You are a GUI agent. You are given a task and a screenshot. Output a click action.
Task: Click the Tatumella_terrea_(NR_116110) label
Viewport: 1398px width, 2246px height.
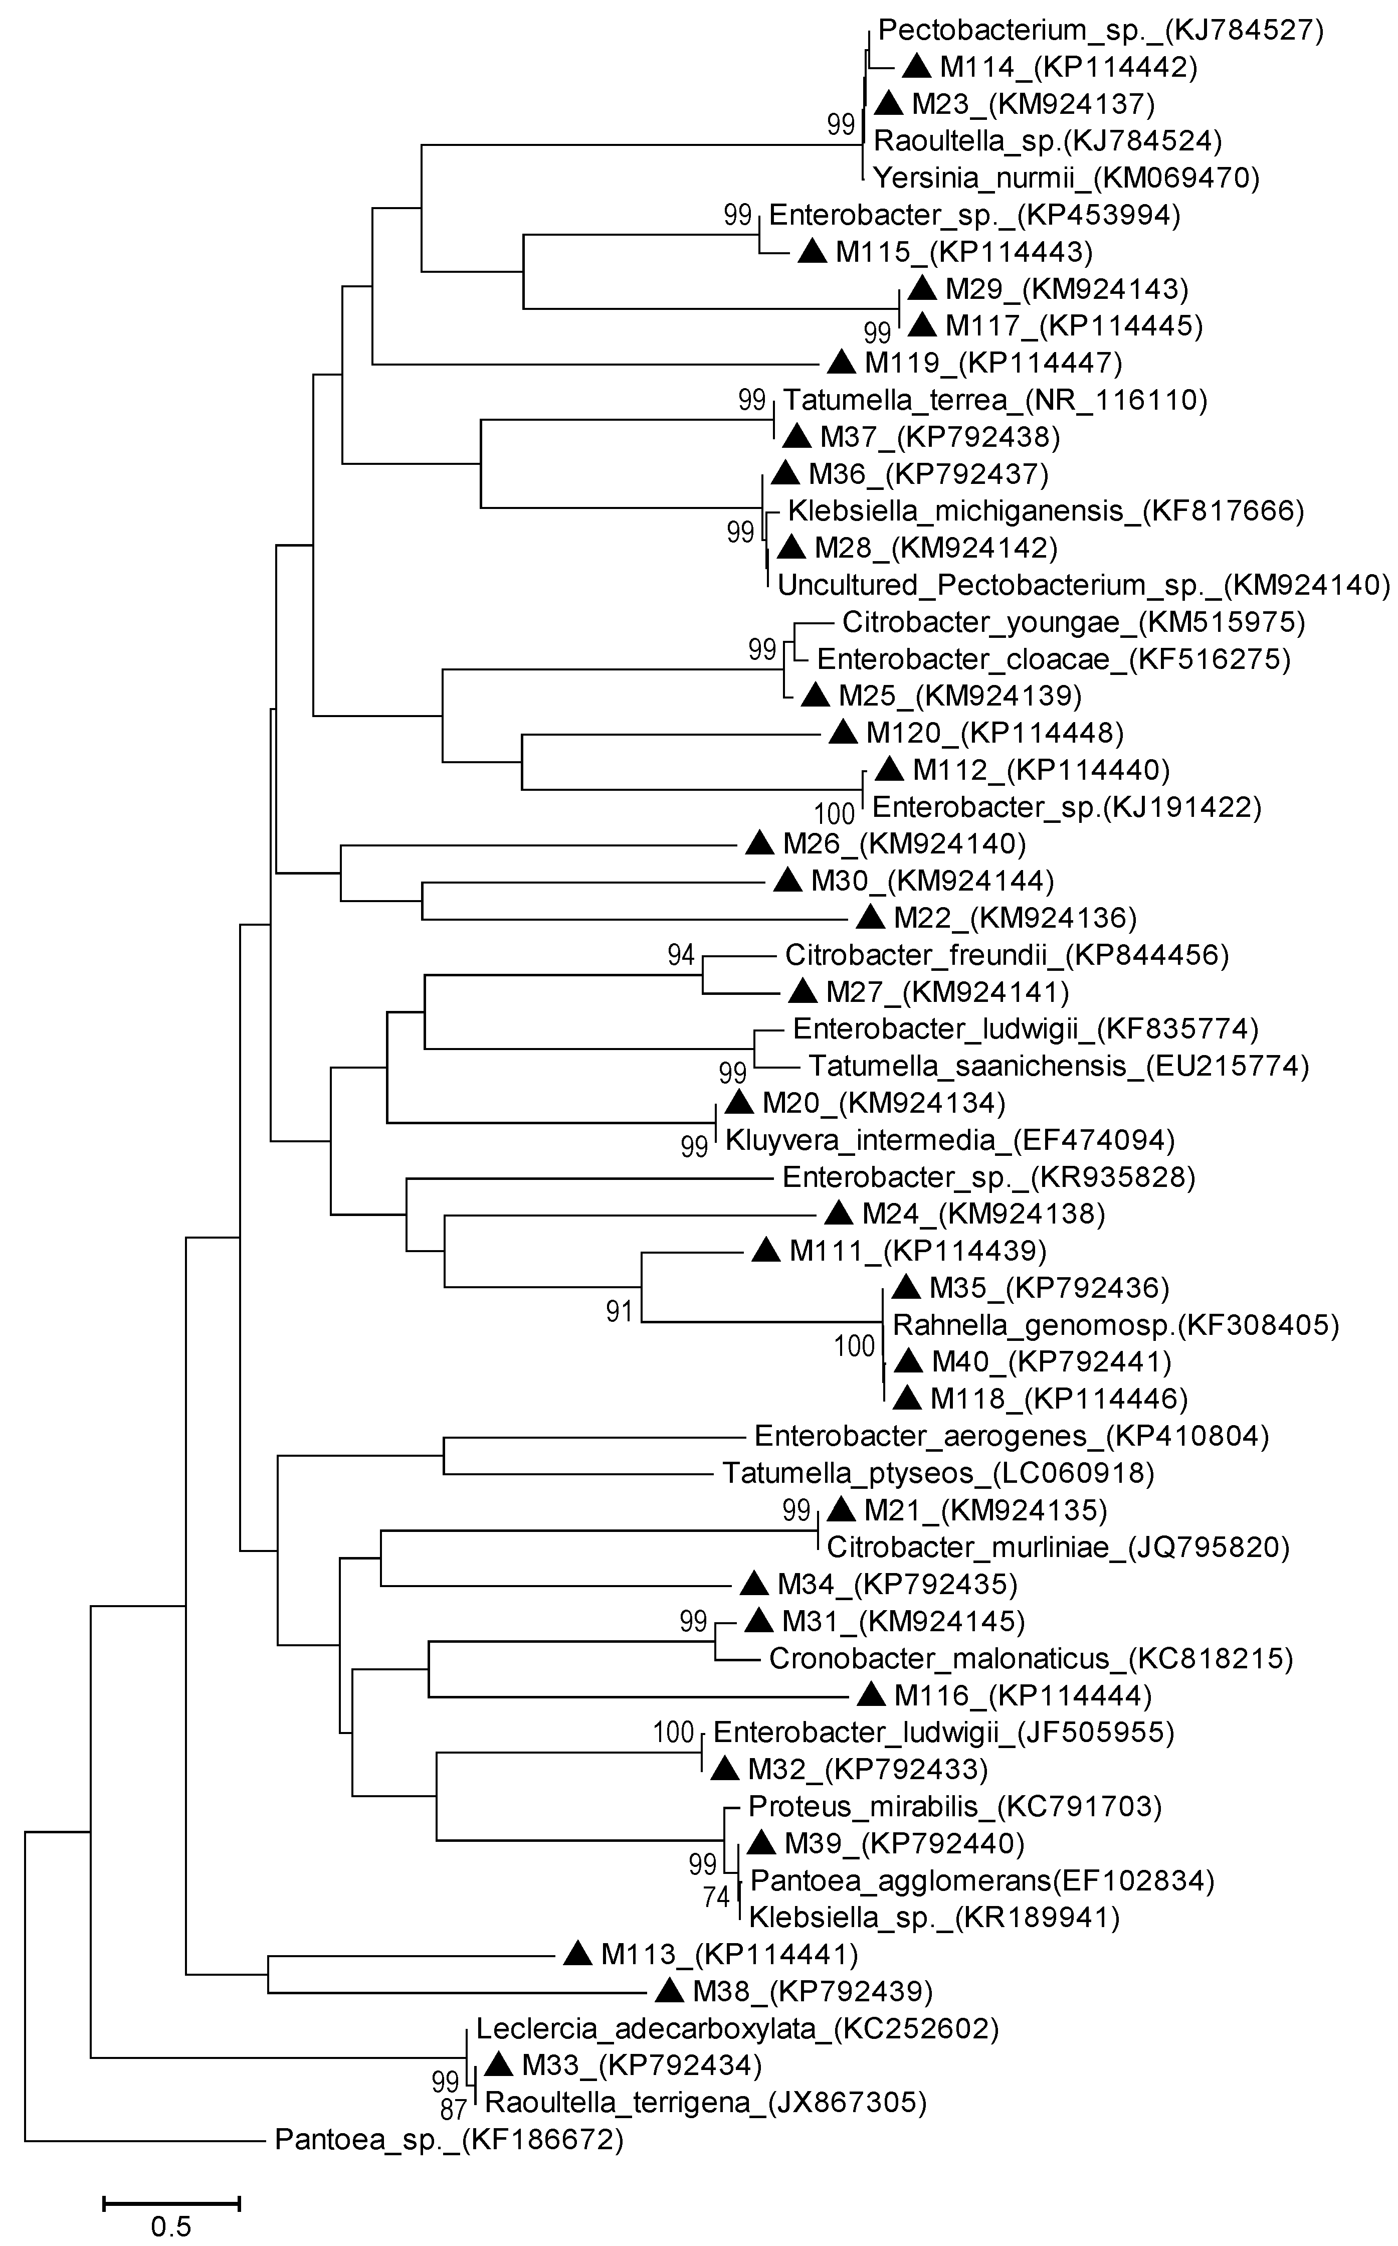pos(995,400)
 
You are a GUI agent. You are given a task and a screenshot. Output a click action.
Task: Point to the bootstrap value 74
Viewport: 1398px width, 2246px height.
pos(717,1897)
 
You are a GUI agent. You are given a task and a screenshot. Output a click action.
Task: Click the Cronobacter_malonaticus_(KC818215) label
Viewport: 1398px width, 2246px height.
pos(1030,1658)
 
